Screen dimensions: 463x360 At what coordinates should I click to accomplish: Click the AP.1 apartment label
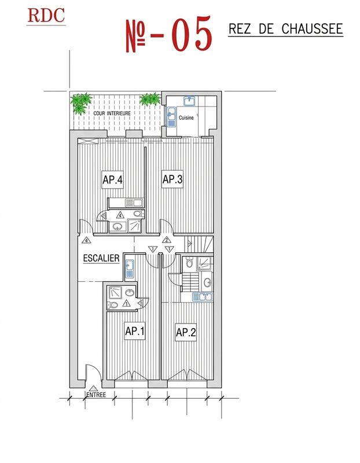pyautogui.click(x=134, y=331)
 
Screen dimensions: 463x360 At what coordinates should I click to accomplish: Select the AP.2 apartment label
pyautogui.click(x=185, y=332)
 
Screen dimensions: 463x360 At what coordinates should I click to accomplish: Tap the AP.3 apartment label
pyautogui.click(x=172, y=179)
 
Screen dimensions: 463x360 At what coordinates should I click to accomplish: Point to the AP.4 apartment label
pyautogui.click(x=113, y=179)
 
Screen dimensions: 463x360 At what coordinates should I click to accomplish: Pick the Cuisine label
pyautogui.click(x=186, y=117)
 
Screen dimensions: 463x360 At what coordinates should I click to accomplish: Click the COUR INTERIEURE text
pyautogui.click(x=112, y=113)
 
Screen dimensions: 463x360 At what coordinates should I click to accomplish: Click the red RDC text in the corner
pyautogui.click(x=46, y=15)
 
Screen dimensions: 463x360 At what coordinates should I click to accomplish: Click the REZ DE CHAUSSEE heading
pyautogui.click(x=286, y=29)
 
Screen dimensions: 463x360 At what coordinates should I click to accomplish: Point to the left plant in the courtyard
pyautogui.click(x=81, y=102)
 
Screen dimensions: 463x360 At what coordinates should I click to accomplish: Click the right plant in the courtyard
pyautogui.click(x=150, y=99)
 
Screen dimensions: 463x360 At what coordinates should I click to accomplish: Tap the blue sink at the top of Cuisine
pyautogui.click(x=189, y=101)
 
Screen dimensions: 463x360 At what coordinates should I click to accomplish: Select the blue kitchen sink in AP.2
pyautogui.click(x=203, y=297)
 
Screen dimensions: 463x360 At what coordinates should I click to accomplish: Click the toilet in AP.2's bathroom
pyautogui.click(x=189, y=264)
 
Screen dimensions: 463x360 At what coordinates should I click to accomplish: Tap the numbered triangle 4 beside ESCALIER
pyautogui.click(x=86, y=240)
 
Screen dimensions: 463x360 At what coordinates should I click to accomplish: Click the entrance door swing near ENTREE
pyautogui.click(x=93, y=372)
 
